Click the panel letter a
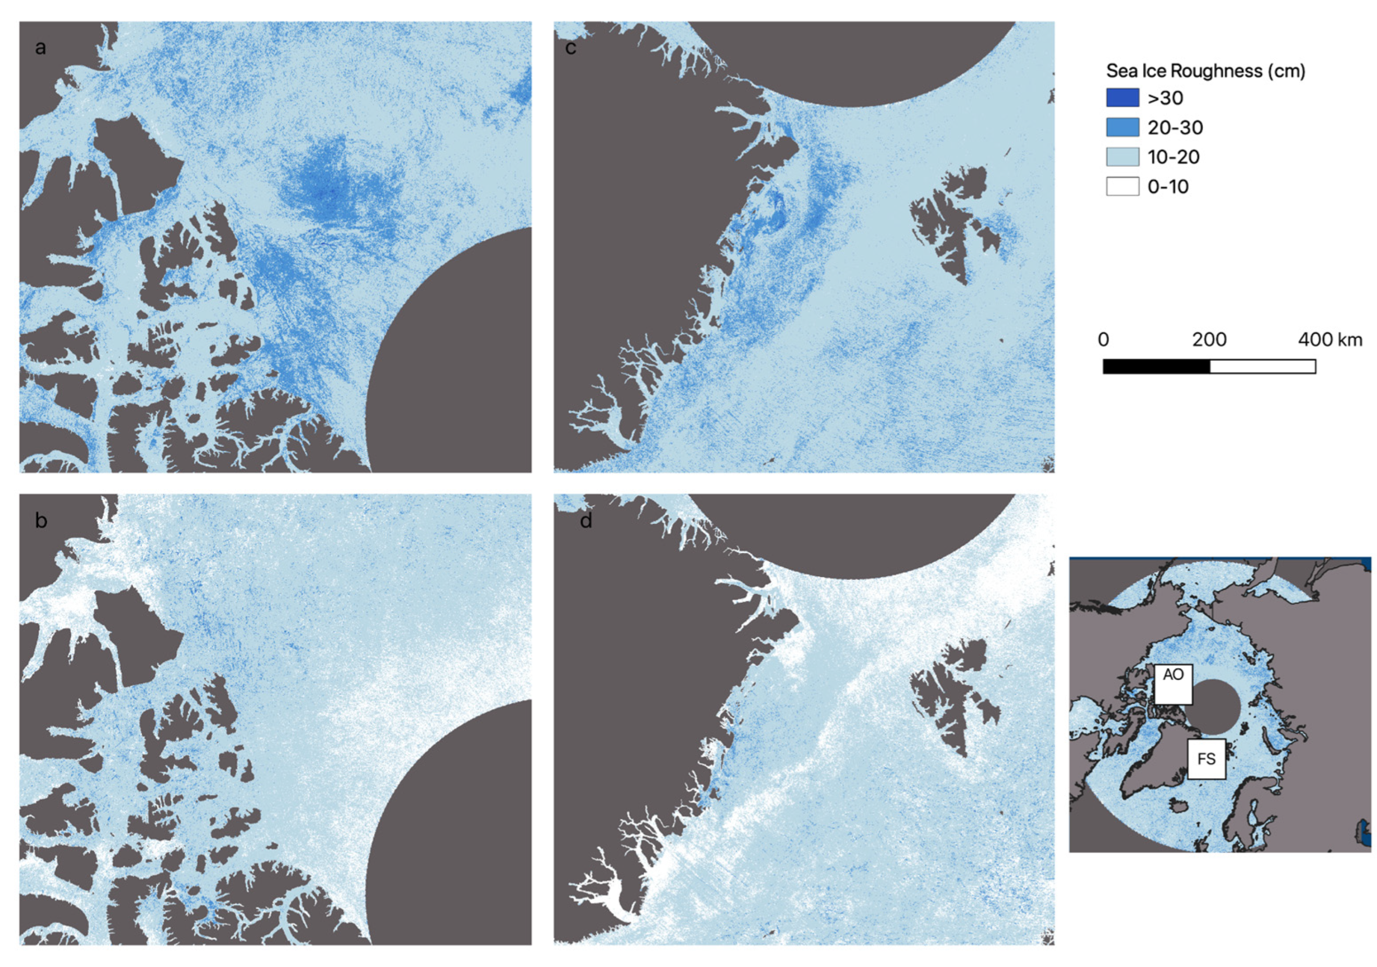[x=40, y=47]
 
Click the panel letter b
[x=41, y=520]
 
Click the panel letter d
[x=586, y=520]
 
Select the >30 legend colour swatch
[x=1122, y=97]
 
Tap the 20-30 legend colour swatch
[x=1122, y=127]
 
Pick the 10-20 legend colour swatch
[x=1122, y=157]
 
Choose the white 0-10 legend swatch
[x=1122, y=187]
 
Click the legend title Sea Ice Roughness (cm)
[x=1205, y=71]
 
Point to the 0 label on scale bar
[x=1103, y=340]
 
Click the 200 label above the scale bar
[x=1209, y=340]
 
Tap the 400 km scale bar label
[x=1330, y=340]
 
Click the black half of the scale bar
[x=1156, y=366]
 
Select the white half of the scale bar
[x=1262, y=366]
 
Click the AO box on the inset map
[x=1173, y=683]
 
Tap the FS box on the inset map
[x=1206, y=759]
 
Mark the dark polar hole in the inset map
[x=1213, y=706]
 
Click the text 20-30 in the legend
[x=1175, y=128]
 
